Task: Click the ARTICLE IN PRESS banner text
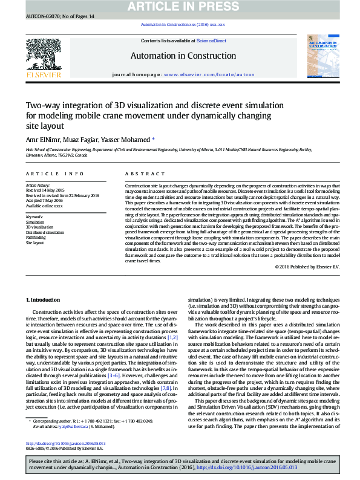[179, 7]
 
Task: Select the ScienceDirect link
[211, 41]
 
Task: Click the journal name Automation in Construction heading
[179, 56]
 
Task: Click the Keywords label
[34, 216]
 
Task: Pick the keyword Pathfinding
[36, 238]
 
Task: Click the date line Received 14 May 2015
[44, 189]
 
